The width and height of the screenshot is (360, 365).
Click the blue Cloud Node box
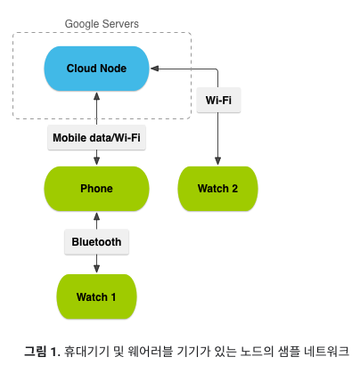(x=96, y=69)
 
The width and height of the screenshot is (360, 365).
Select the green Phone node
(x=96, y=189)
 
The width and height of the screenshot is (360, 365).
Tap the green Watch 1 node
(x=96, y=296)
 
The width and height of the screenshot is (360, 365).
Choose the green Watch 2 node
(x=217, y=189)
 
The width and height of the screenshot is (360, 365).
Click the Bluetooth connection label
(x=96, y=241)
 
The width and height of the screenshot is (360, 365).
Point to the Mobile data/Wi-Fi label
(x=96, y=138)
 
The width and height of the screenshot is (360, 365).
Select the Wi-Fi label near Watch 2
(x=217, y=100)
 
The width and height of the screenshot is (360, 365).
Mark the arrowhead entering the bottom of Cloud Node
(x=96, y=96)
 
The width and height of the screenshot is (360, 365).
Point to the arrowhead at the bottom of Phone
(x=96, y=215)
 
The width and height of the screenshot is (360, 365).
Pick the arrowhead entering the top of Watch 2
(x=217, y=161)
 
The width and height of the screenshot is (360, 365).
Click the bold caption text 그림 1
(x=41, y=349)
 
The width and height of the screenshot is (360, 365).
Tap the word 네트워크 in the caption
(x=324, y=349)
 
